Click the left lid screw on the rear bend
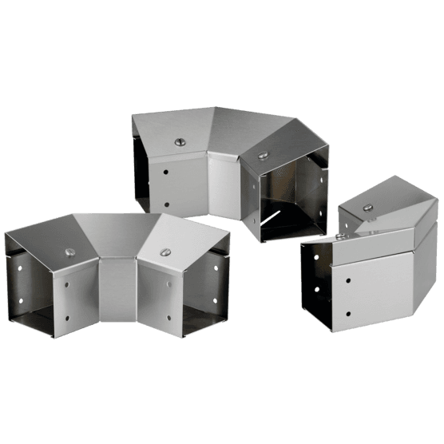point(179,142)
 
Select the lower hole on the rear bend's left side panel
point(165,204)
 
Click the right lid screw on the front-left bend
point(165,253)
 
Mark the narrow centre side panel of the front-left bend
point(118,292)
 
